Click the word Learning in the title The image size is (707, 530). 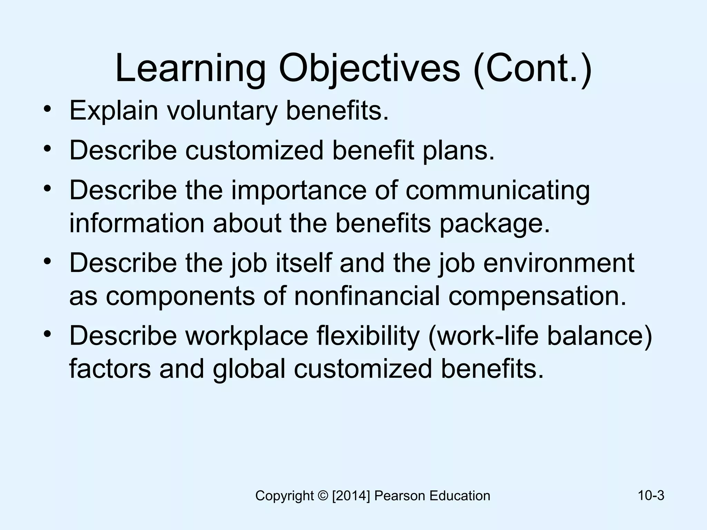pyautogui.click(x=190, y=69)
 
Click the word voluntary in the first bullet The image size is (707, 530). pyautogui.click(x=222, y=111)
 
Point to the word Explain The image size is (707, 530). pyautogui.click(x=114, y=111)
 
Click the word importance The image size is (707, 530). pyautogui.click(x=299, y=190)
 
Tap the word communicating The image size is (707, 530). pyautogui.click(x=497, y=191)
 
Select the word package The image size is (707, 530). pyautogui.click(x=494, y=224)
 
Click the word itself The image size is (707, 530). pyautogui.click(x=303, y=263)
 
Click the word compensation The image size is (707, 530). pyautogui.click(x=537, y=296)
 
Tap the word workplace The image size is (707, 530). pyautogui.click(x=246, y=336)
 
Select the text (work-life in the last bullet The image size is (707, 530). pyautogui.click(x=483, y=336)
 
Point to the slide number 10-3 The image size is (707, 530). pyautogui.click(x=651, y=495)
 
